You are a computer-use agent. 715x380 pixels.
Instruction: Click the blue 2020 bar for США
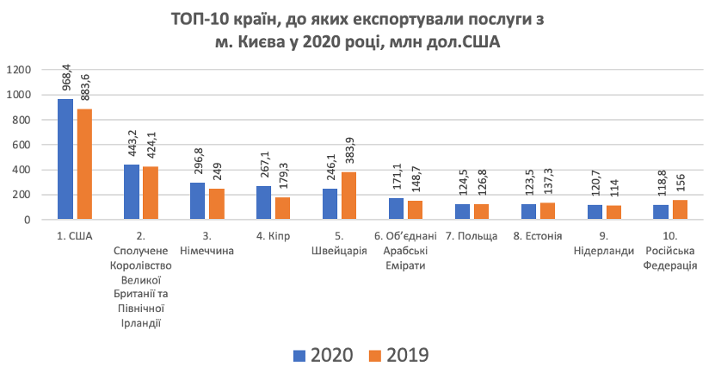65,159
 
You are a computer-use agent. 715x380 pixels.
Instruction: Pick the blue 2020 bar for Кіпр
264,203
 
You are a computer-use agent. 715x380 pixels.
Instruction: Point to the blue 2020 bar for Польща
463,212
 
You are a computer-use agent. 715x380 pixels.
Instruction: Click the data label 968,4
65,75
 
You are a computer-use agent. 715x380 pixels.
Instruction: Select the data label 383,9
347,153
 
